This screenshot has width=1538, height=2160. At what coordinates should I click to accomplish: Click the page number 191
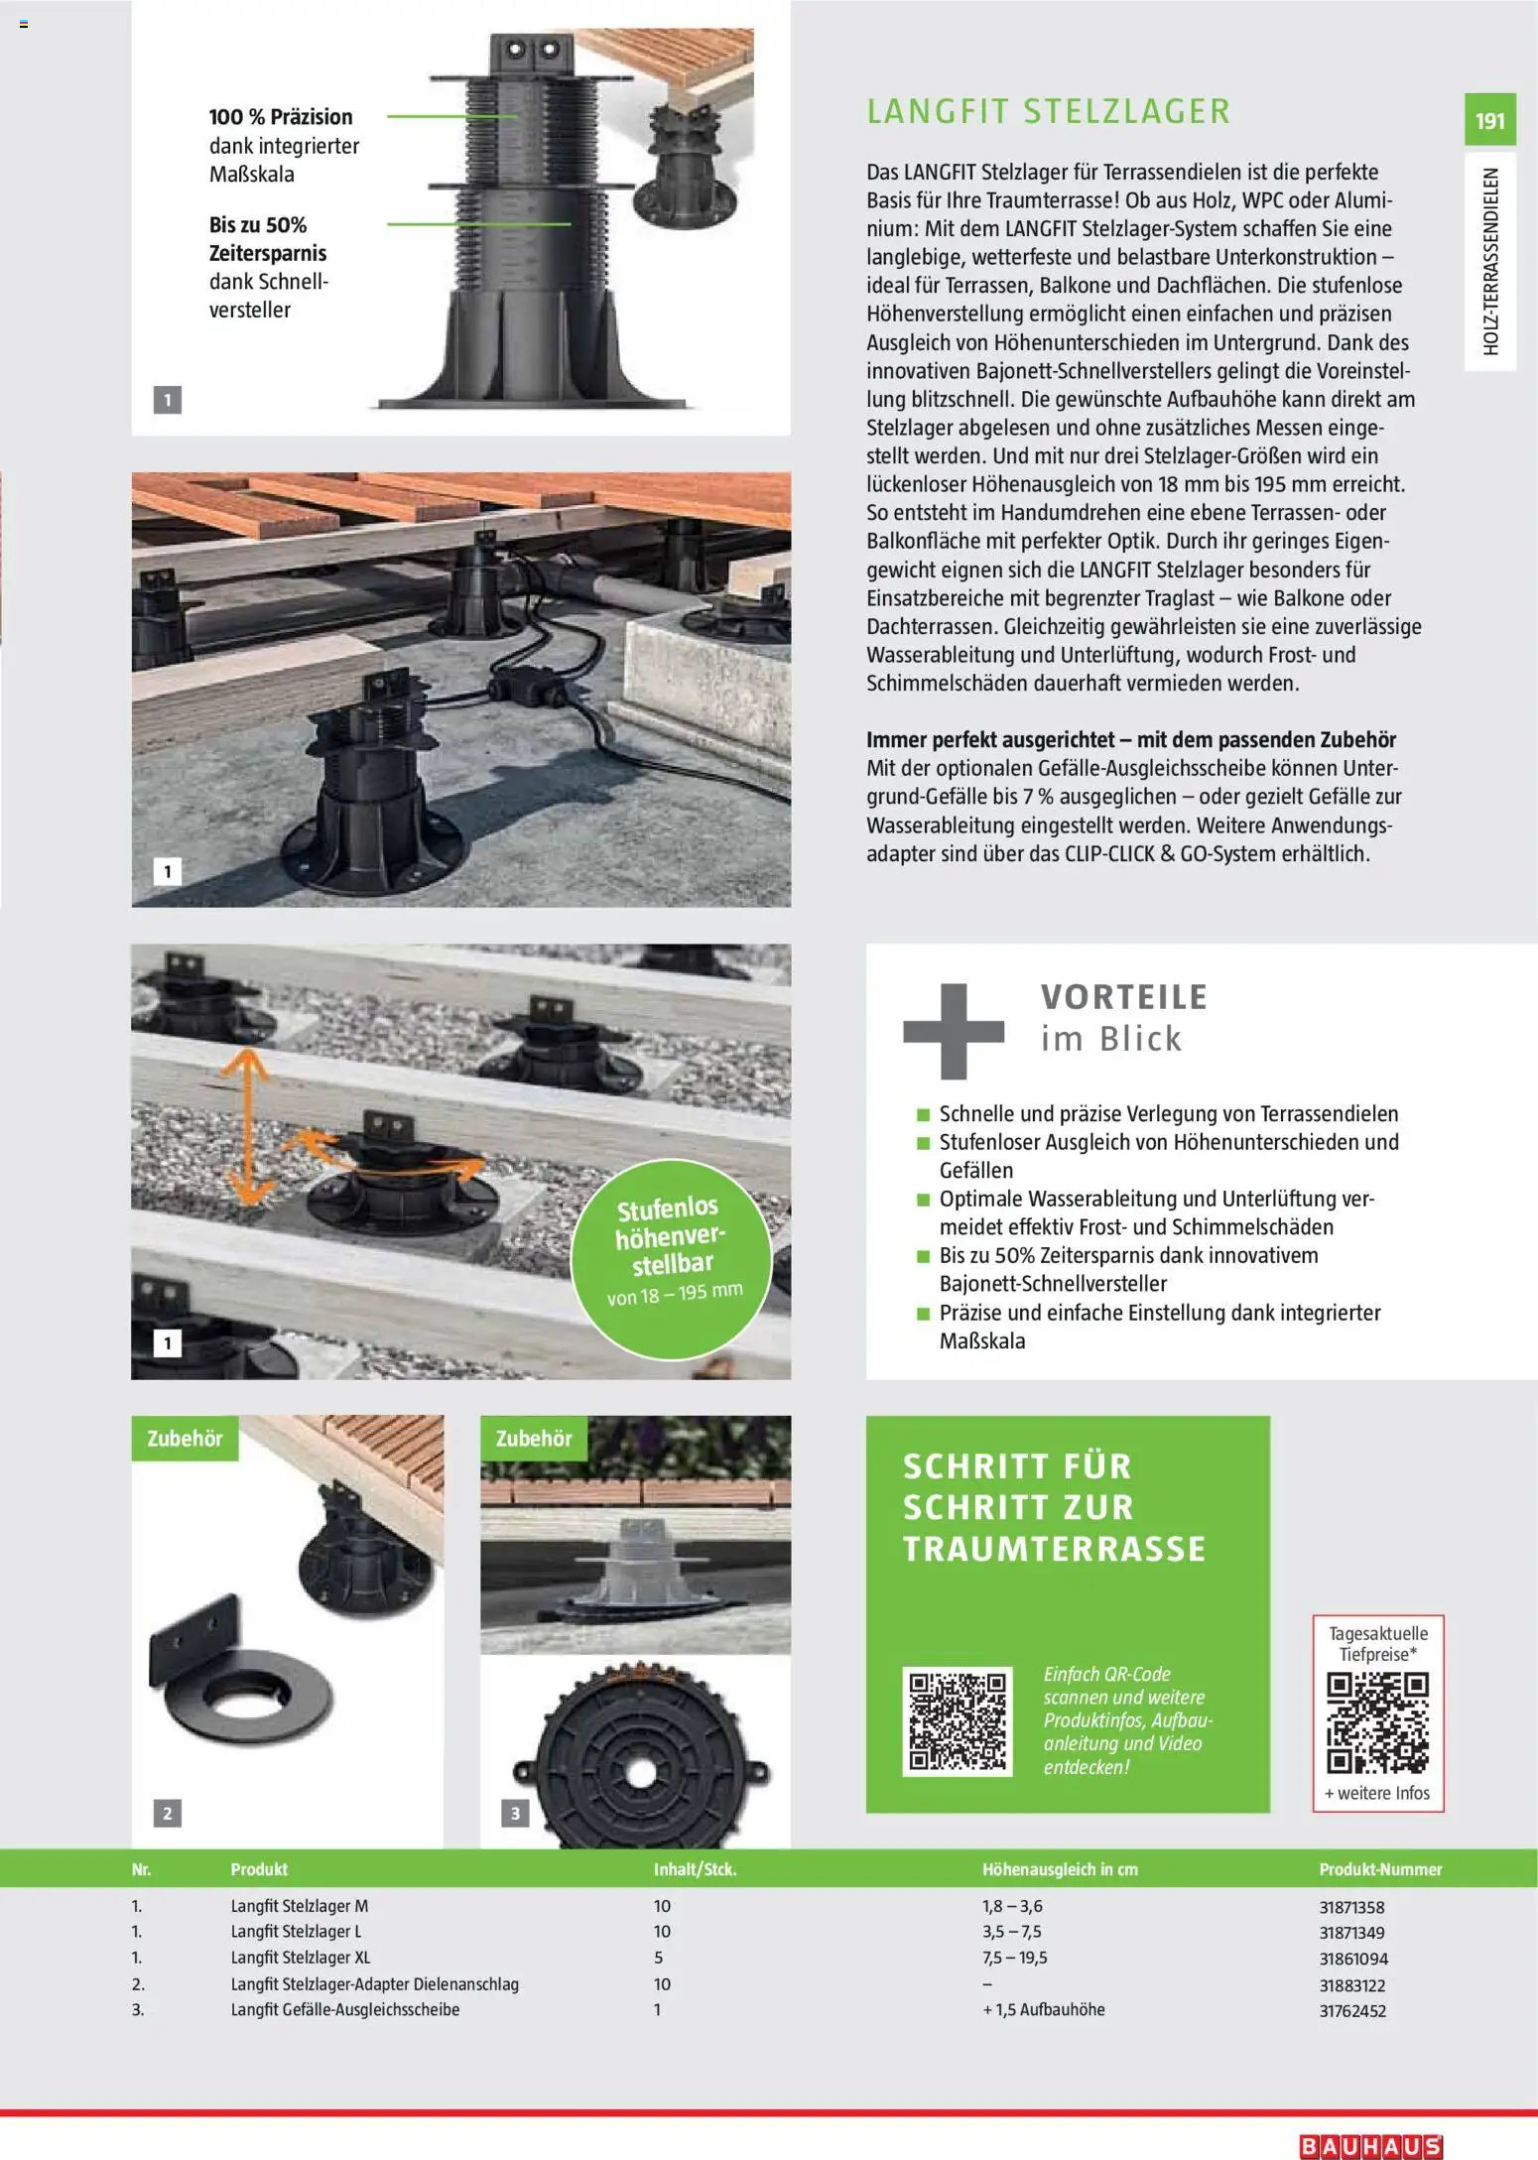(1489, 121)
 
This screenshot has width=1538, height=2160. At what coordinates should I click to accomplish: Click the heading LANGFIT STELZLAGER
(1048, 111)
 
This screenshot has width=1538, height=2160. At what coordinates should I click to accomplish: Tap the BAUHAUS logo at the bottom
(1369, 2146)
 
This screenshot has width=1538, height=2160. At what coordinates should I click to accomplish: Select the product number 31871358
(1351, 1907)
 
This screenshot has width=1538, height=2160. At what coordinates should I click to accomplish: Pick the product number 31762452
(1352, 2011)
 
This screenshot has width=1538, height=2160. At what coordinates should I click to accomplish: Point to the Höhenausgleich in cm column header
(1060, 1869)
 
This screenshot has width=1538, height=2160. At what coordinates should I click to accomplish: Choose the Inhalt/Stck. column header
(695, 1869)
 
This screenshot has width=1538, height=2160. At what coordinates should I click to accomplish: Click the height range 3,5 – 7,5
(1011, 1932)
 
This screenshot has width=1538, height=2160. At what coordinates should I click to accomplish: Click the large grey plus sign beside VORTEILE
(953, 1031)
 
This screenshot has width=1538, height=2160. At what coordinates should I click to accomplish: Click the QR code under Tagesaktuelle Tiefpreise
(1377, 1723)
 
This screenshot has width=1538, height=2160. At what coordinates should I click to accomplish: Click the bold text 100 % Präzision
(281, 117)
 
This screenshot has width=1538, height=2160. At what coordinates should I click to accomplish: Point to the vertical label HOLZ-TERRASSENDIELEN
(1490, 262)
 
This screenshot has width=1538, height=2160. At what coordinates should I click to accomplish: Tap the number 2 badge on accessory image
(167, 1814)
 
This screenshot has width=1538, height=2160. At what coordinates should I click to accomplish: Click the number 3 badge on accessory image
(515, 1814)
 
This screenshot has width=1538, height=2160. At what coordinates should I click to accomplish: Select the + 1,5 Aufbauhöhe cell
(1043, 2009)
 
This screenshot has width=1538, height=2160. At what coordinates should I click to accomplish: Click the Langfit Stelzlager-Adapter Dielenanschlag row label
(375, 1984)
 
